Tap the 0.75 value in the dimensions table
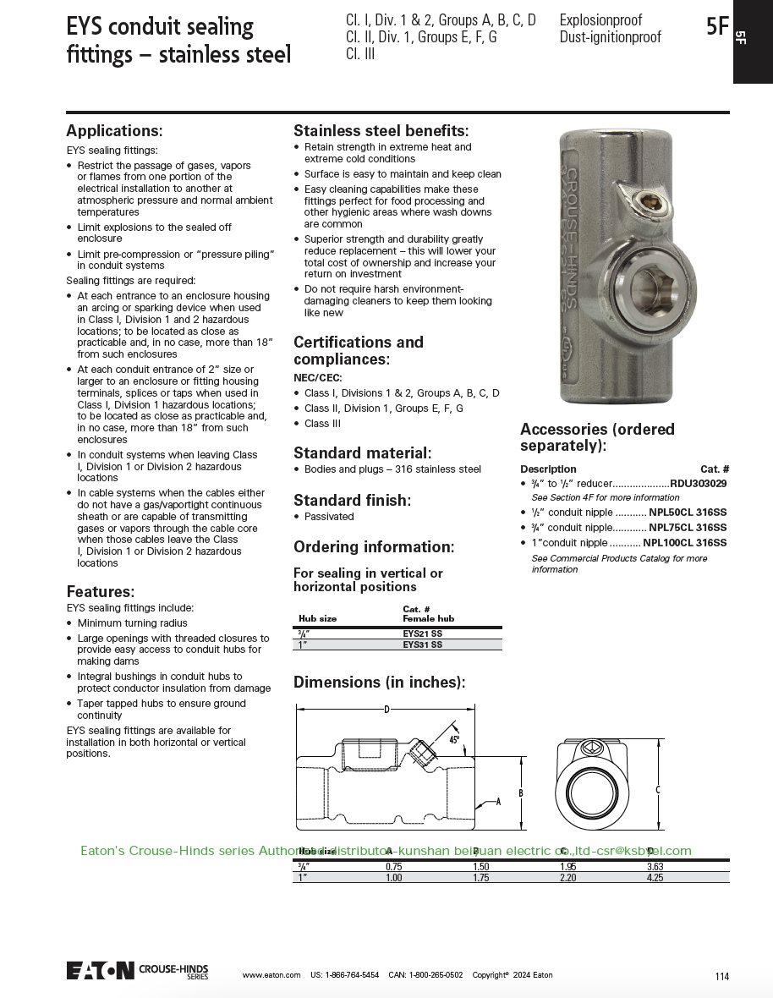point(393,867)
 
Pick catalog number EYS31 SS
point(422,644)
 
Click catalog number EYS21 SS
point(422,633)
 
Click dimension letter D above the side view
point(386,709)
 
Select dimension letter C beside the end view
point(658,790)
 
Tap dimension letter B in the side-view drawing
point(521,793)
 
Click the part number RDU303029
point(699,484)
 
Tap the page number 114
point(721,977)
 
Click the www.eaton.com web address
point(271,975)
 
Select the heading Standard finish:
point(350,500)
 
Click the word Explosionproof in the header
point(600,19)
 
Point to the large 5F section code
point(716,26)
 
